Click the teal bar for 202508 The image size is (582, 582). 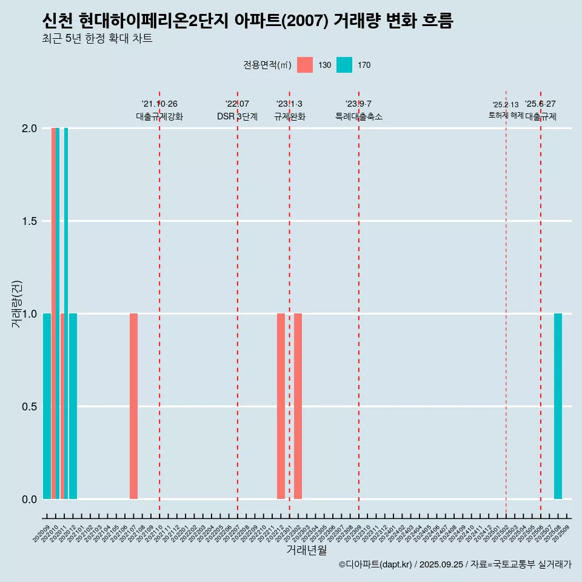(558, 406)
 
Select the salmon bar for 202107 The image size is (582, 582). (133, 406)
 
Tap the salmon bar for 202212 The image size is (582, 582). (281, 406)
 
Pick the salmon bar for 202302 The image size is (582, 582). (298, 406)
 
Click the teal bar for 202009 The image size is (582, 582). (47, 406)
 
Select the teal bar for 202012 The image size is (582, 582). (73, 406)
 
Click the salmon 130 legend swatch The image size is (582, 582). (305, 65)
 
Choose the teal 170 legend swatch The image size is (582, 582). (344, 65)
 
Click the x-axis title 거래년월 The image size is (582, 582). (306, 550)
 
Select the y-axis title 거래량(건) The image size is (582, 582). (17, 303)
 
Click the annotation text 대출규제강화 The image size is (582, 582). (159, 116)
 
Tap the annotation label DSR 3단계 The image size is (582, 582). (237, 116)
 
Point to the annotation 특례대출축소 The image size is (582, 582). (358, 116)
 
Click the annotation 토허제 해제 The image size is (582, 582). (506, 115)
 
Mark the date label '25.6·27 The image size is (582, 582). (540, 104)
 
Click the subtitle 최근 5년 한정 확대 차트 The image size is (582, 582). (97, 39)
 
